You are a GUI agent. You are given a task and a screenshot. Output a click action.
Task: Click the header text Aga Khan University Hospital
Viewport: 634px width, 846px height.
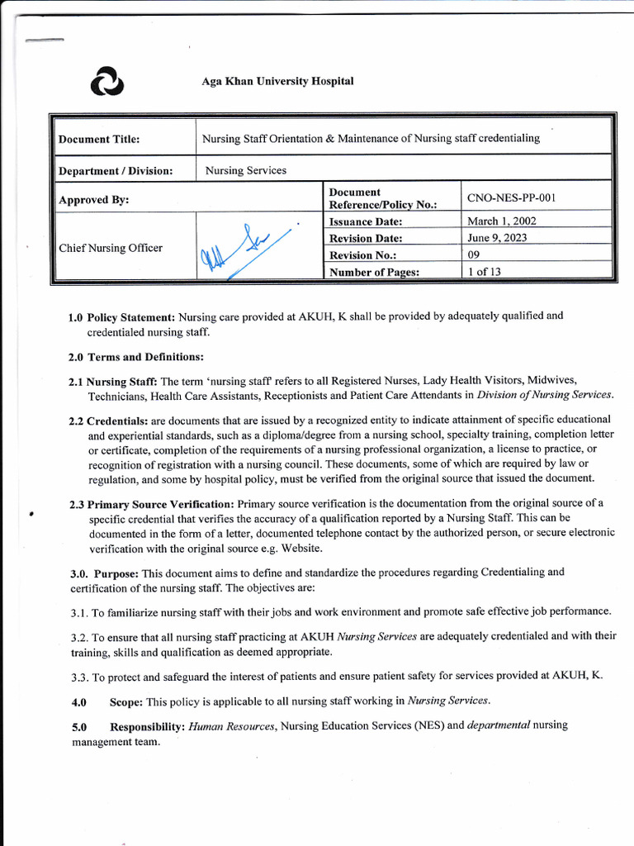pyautogui.click(x=277, y=82)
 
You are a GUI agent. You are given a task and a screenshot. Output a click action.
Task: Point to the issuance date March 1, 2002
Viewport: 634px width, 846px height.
pyautogui.click(x=501, y=221)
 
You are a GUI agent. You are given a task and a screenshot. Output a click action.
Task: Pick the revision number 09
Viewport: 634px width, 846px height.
pyautogui.click(x=473, y=255)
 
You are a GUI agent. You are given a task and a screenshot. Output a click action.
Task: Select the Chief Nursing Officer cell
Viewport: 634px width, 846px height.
pyautogui.click(x=111, y=248)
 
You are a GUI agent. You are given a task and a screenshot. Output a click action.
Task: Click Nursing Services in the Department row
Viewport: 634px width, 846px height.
pyautogui.click(x=246, y=170)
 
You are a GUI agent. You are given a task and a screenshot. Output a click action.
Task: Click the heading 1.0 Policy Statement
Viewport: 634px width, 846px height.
pyautogui.click(x=121, y=316)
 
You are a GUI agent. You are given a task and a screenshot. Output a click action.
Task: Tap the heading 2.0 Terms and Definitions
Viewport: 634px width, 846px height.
pyautogui.click(x=135, y=357)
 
